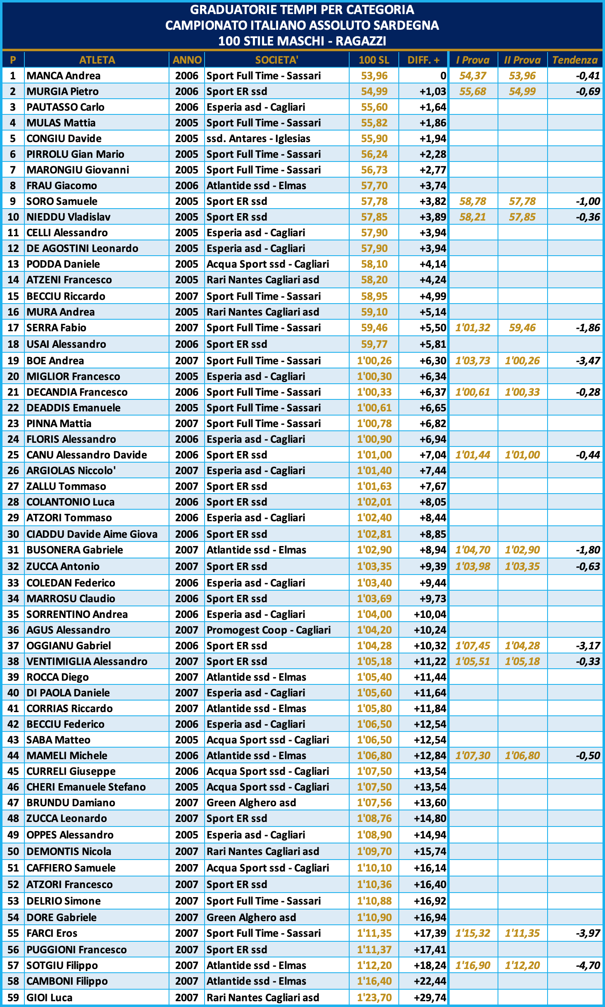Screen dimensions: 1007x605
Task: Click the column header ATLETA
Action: coord(97,60)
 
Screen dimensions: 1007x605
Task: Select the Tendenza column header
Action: coord(575,60)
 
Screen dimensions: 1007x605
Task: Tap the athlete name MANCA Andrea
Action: coord(64,76)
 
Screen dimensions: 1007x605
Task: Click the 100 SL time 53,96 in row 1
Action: coord(374,76)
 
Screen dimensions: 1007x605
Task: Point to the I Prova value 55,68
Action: coord(473,91)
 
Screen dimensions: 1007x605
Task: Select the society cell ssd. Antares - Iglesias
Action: coord(258,138)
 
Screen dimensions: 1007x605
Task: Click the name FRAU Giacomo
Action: coord(62,185)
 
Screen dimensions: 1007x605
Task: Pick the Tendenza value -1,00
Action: coord(588,201)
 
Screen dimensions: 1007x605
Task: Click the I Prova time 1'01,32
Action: coord(473,328)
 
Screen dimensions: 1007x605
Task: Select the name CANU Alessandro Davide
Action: coord(87,455)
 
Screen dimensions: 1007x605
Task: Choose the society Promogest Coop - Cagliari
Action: coord(269,630)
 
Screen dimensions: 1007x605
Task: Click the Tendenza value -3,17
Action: coord(588,646)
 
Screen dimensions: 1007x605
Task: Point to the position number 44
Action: coord(13,755)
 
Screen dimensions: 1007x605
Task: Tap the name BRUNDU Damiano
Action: coord(71,803)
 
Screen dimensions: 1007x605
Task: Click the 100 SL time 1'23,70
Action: coord(374,997)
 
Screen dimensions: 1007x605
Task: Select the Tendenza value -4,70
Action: coord(588,965)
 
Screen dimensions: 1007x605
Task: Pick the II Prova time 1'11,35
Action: coord(522,933)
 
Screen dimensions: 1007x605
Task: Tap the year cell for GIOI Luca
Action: coord(187,997)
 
